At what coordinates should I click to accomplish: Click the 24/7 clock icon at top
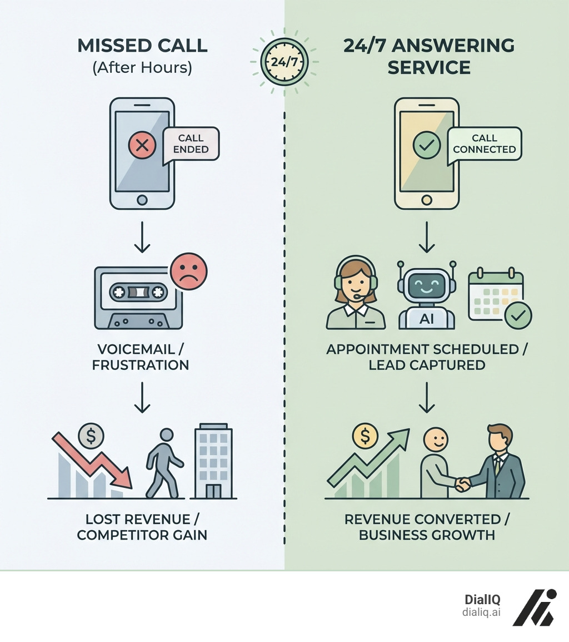click(284, 61)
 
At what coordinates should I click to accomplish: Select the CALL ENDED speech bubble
click(191, 144)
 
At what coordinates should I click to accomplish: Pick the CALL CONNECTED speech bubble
click(484, 144)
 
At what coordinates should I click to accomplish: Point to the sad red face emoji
click(189, 271)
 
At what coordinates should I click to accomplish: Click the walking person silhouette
click(163, 463)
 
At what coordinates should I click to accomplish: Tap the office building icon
click(213, 463)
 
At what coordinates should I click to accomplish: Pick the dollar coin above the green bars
click(365, 437)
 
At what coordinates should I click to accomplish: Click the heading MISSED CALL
click(142, 46)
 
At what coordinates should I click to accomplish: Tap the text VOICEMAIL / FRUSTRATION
click(143, 357)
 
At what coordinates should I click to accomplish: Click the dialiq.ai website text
click(481, 611)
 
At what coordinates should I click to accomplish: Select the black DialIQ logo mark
click(533, 608)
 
